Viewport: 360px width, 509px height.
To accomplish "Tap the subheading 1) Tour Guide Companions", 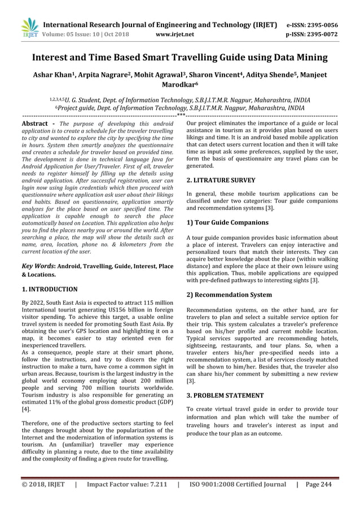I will [x=227, y=222].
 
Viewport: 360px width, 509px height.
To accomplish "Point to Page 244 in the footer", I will [x=318, y=484].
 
